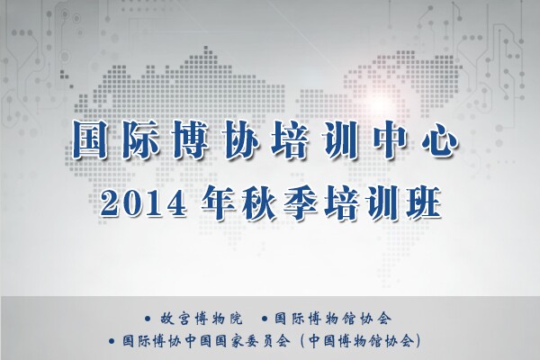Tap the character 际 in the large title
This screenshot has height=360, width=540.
pos(139,139)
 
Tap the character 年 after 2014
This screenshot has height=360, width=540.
pos(218,202)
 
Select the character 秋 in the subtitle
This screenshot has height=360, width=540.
pos(259,202)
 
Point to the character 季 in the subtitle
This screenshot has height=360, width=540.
pos(301,202)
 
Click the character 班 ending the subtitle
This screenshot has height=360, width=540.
pos(424,202)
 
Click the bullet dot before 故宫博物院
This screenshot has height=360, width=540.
pos(148,319)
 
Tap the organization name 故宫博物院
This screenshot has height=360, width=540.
pos(202,319)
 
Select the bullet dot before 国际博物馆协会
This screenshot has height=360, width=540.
pos(265,319)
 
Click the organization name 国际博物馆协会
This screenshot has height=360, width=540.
pos(333,319)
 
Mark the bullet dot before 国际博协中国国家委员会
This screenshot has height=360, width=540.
pos(112,341)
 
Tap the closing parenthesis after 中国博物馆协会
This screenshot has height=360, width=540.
pos(418,341)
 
